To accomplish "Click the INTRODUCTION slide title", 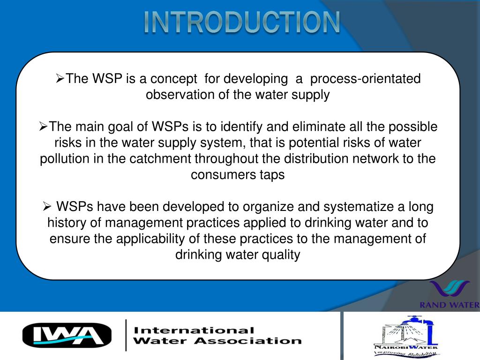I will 241,22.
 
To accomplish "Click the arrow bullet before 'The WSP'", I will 60,78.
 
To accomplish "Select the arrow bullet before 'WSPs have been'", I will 47,206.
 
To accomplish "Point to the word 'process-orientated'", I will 366,79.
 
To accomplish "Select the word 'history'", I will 68,223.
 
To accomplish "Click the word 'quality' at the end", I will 282,255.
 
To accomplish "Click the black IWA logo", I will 67,335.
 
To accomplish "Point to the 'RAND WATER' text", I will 450,305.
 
